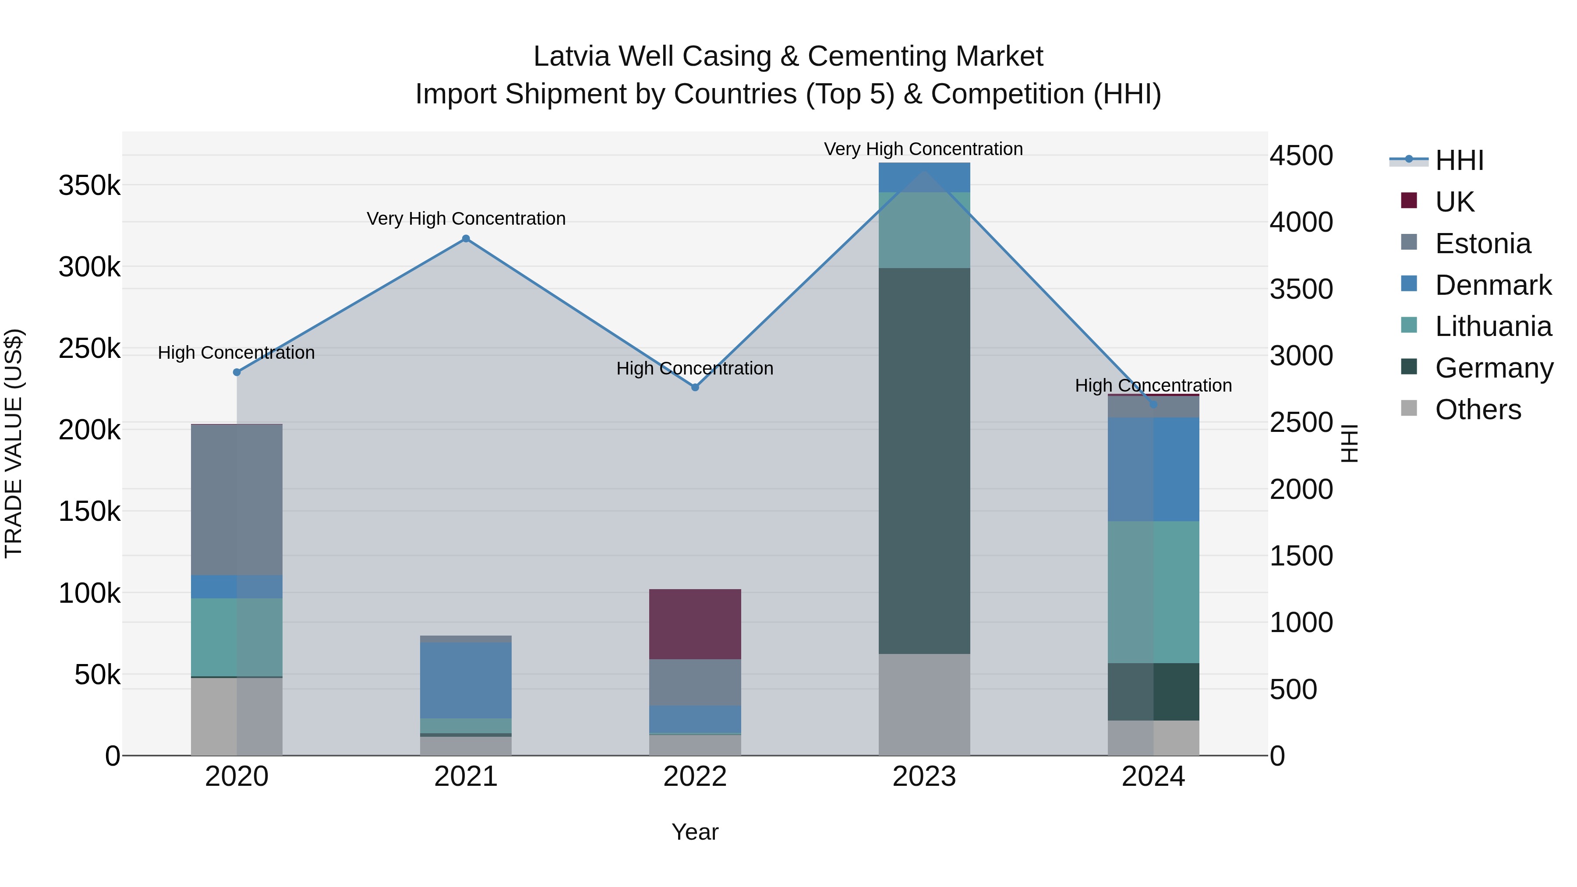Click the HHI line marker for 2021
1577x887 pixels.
point(466,239)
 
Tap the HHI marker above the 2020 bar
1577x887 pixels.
point(237,372)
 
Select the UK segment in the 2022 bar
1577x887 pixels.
point(695,624)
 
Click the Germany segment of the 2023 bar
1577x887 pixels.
point(924,460)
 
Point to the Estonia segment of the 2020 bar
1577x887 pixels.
point(237,499)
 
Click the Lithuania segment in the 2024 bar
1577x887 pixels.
point(1153,592)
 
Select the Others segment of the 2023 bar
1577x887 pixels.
point(924,704)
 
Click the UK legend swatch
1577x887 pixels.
point(1409,201)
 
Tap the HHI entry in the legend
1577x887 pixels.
point(1459,160)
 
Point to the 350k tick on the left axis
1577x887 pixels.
point(89,185)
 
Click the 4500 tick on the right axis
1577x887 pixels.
point(1301,155)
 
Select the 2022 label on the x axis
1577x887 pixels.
point(695,777)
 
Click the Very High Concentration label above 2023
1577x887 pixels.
point(923,149)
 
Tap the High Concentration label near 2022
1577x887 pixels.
point(695,368)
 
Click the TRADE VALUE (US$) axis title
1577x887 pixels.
point(14,443)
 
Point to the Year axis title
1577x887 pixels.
point(695,832)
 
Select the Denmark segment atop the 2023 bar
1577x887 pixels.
point(924,177)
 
